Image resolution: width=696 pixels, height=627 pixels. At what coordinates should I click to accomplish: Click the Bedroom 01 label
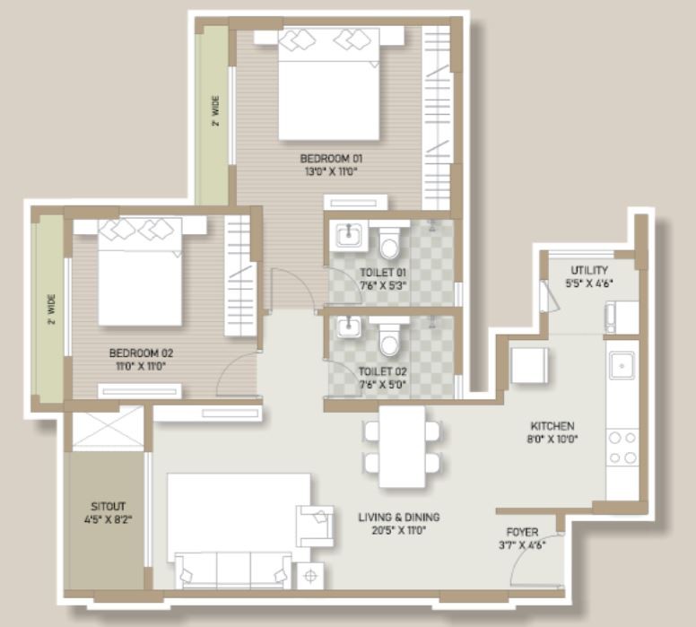[x=331, y=159]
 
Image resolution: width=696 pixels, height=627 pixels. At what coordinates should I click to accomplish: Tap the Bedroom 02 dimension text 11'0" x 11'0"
[x=141, y=366]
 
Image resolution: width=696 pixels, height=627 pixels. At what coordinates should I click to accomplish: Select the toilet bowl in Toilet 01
[x=390, y=243]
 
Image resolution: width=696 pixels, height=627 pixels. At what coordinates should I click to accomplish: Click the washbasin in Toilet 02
[x=348, y=327]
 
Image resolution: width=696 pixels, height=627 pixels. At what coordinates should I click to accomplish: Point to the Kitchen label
[x=552, y=426]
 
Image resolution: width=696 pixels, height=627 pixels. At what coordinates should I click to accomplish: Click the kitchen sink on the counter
[x=622, y=365]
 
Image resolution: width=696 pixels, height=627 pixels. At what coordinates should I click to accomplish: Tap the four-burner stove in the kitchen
[x=622, y=448]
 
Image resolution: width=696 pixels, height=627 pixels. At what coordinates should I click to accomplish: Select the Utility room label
[x=589, y=270]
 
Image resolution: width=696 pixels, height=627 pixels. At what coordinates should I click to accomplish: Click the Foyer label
[x=522, y=532]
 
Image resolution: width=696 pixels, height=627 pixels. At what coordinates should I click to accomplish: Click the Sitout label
[x=108, y=506]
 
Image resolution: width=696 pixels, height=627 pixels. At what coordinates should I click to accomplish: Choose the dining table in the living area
[x=402, y=447]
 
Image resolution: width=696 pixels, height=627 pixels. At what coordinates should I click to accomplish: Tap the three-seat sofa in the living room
[x=233, y=570]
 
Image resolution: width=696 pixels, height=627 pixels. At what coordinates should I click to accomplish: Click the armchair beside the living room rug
[x=315, y=527]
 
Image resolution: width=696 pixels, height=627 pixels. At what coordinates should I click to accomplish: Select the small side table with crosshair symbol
[x=310, y=576]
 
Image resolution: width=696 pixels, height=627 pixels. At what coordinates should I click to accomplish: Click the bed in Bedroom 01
[x=329, y=83]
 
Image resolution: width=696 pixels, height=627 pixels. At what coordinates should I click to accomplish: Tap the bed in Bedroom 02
[x=140, y=271]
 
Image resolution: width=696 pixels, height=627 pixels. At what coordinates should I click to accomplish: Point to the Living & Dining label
[x=399, y=518]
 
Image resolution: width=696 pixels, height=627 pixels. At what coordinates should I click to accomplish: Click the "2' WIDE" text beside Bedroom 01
[x=215, y=110]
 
